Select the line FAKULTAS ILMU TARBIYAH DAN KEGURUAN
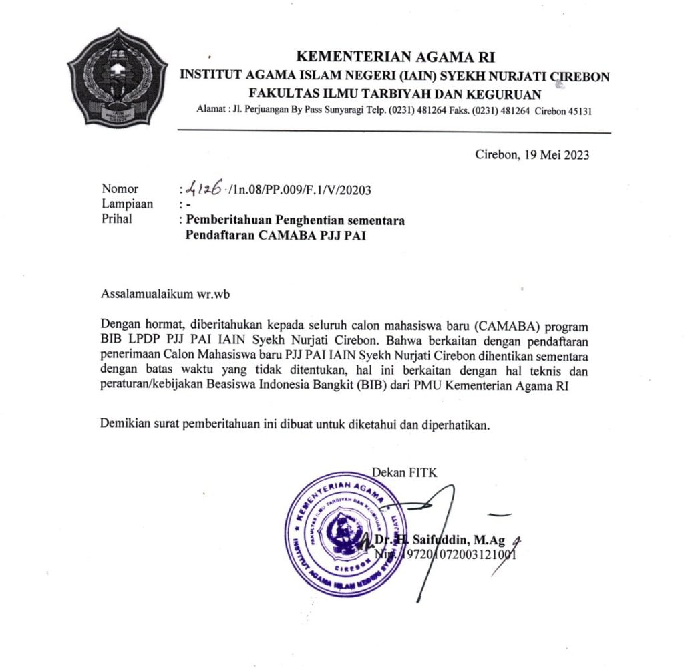click(x=395, y=94)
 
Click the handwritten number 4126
click(x=205, y=190)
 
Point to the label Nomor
click(x=120, y=190)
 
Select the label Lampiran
click(x=127, y=204)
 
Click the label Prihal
click(x=117, y=218)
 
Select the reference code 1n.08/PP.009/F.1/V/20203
click(x=300, y=190)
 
